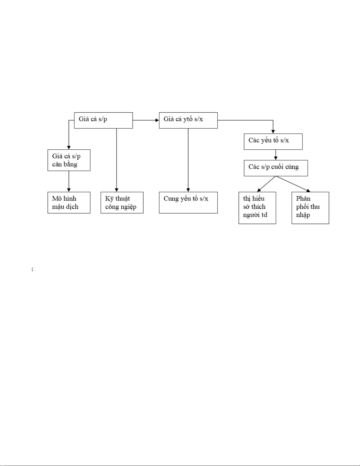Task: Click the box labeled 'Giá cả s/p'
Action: point(103,120)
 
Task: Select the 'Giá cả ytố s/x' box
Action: point(188,120)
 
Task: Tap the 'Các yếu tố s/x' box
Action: point(273,141)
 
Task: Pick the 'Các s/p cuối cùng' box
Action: point(276,168)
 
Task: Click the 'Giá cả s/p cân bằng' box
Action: point(69,160)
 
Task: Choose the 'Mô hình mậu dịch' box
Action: point(69,203)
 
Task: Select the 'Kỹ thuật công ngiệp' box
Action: point(122,203)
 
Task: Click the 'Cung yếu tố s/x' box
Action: point(188,203)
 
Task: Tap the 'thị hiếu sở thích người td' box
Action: point(257,208)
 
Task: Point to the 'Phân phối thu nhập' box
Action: point(310,208)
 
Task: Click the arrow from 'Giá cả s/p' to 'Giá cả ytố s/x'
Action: point(146,120)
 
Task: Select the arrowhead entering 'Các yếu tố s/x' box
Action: point(273,131)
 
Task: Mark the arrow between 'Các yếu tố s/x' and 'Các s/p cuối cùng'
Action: point(276,155)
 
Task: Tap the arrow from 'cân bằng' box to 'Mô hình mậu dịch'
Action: point(69,181)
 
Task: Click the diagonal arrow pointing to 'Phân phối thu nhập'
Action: point(293,184)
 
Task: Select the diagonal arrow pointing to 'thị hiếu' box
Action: point(267,184)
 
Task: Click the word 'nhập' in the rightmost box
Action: point(303,215)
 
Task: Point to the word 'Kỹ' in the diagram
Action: point(109,199)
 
